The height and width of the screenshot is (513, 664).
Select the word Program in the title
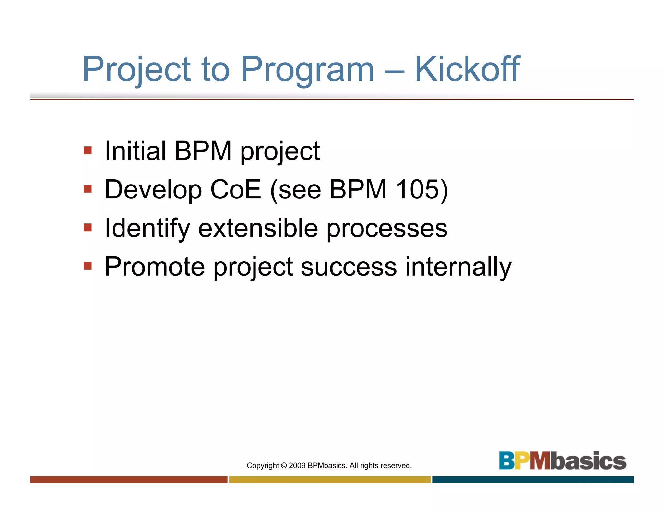point(307,70)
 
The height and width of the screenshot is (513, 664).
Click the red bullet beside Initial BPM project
point(88,150)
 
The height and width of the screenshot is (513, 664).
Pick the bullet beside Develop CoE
point(88,189)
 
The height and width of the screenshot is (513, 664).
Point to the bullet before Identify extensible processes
point(88,227)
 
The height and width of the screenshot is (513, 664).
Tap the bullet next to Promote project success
point(88,266)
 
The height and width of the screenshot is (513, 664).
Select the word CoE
point(235,189)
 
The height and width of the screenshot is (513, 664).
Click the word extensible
point(258,228)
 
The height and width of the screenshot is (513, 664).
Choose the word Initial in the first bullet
point(136,151)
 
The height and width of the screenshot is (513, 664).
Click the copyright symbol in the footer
point(284,466)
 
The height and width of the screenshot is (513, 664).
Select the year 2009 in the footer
point(297,466)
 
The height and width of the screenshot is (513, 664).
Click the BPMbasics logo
point(562,460)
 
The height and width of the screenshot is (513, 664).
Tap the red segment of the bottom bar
point(129,479)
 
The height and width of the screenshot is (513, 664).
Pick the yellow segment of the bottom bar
point(330,479)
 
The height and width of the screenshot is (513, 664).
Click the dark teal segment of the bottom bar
point(533,479)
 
